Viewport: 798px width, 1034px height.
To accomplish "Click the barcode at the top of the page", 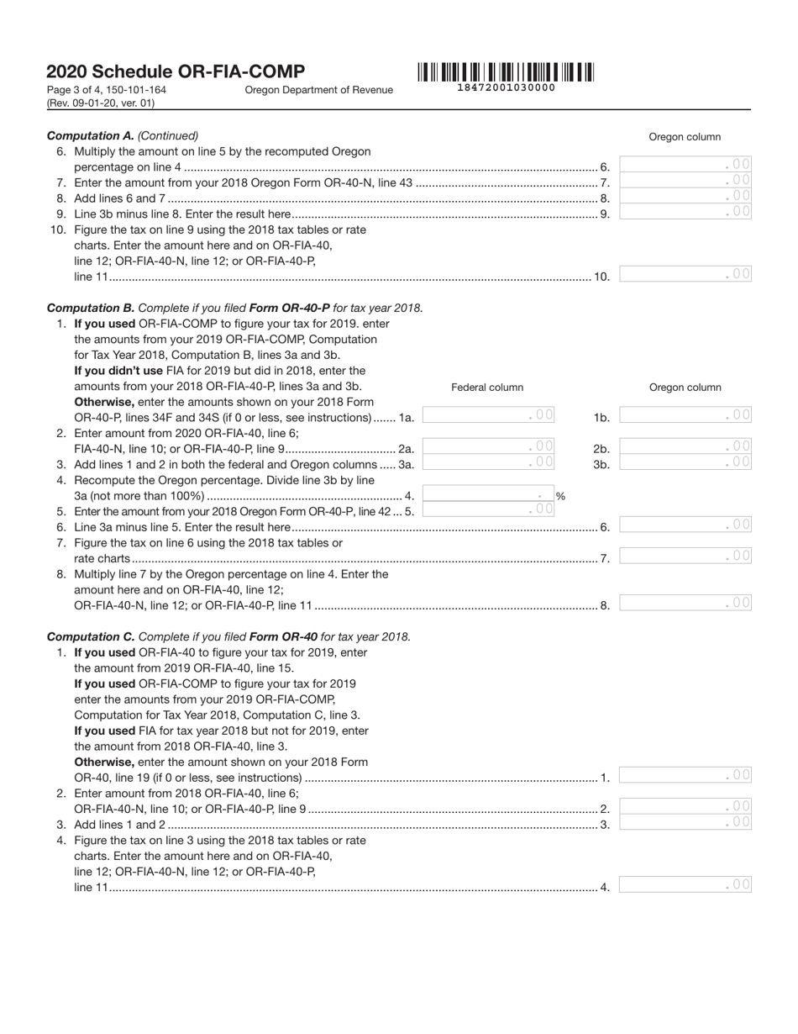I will click(505, 72).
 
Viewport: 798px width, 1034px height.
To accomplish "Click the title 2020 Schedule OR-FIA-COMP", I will click(176, 72).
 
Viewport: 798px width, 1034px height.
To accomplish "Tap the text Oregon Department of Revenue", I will click(318, 90).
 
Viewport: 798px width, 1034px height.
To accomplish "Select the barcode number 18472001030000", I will click(505, 87).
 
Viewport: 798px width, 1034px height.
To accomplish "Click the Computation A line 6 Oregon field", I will click(685, 165).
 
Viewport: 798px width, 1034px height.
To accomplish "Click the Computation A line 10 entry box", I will click(685, 274).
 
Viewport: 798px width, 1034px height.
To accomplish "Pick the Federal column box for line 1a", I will click(488, 415).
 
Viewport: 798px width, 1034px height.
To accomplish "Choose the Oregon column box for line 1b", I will click(685, 415).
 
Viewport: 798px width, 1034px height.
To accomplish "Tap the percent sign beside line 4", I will click(560, 497).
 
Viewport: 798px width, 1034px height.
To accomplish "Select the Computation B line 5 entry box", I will click(488, 509).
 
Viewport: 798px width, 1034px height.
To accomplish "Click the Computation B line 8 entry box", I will click(685, 603).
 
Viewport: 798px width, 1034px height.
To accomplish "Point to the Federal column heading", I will click(487, 388).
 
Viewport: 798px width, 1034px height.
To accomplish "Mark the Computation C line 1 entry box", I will click(685, 775).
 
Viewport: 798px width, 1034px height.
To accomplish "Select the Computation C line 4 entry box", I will click(685, 884).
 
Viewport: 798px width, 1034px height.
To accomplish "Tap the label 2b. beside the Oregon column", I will click(601, 449).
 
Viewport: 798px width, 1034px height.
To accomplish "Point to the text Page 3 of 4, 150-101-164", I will click(107, 90).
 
